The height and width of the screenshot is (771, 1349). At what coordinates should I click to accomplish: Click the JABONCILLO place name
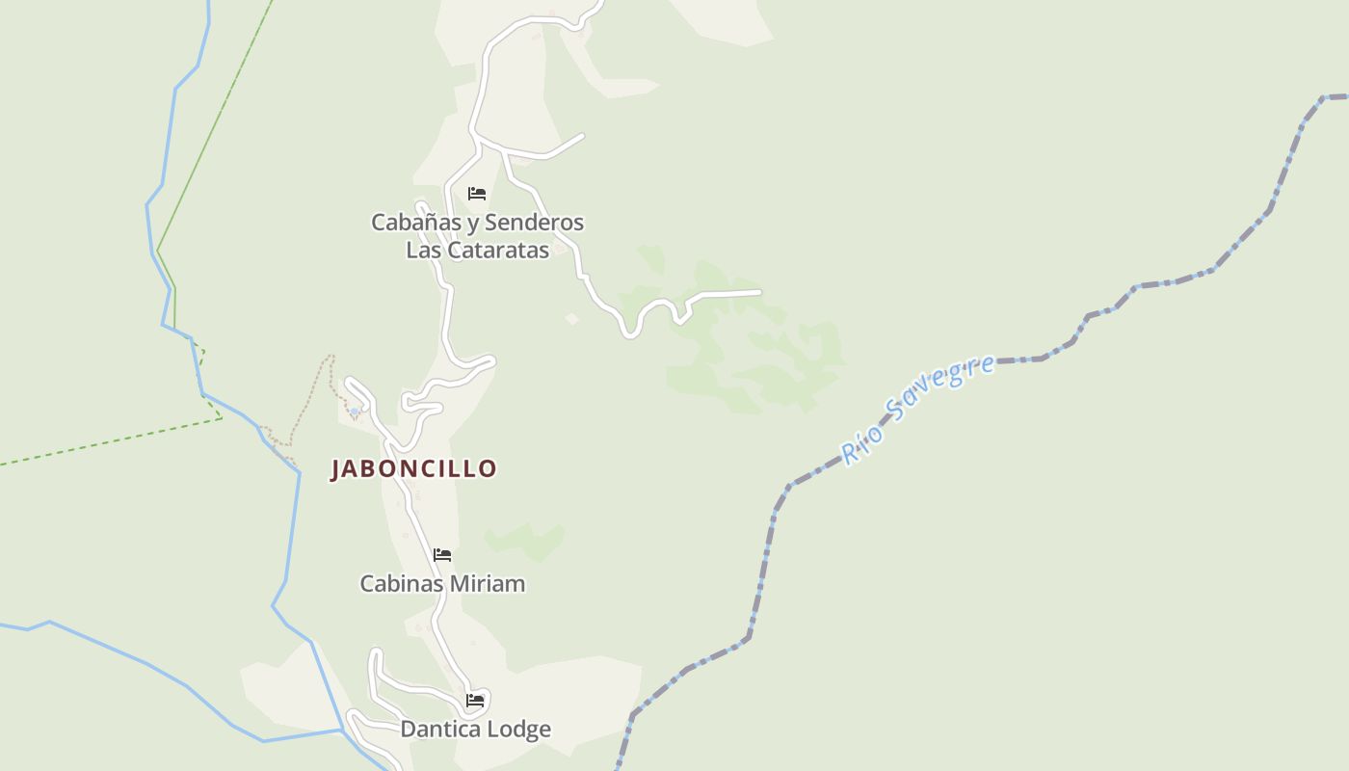click(413, 469)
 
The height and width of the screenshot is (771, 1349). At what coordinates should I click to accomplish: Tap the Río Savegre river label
click(916, 410)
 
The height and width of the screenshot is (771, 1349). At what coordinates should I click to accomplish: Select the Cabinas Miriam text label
click(442, 583)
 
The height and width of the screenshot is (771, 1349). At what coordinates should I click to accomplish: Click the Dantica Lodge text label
click(476, 729)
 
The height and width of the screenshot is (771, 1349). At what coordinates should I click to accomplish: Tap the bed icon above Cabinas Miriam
click(442, 555)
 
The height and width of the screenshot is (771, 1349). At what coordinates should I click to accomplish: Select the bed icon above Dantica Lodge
click(475, 701)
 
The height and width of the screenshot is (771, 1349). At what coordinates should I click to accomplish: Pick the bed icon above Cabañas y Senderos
click(476, 194)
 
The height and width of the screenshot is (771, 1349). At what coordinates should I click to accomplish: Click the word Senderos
click(534, 223)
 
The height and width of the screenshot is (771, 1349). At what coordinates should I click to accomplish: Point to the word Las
click(422, 251)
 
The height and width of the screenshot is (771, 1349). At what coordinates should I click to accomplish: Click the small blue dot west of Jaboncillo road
click(355, 412)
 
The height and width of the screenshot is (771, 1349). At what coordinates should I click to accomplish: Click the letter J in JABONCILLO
click(336, 469)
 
